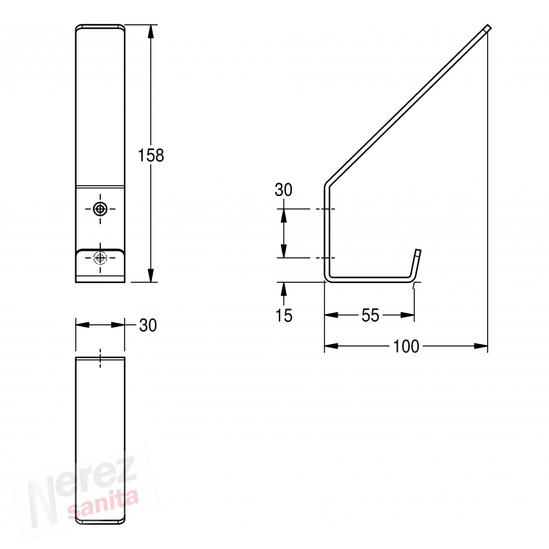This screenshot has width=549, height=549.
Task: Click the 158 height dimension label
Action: [x=151, y=155]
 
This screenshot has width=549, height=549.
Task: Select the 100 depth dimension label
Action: [x=406, y=346]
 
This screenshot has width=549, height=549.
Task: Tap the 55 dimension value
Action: [x=370, y=315]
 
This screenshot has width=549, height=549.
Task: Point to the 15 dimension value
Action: [x=283, y=315]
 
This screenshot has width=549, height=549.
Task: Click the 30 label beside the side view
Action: [x=283, y=190]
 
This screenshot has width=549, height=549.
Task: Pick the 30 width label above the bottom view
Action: [x=147, y=326]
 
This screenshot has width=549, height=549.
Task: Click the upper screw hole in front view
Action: [x=100, y=209]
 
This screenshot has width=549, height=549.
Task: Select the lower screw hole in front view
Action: [x=100, y=258]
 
